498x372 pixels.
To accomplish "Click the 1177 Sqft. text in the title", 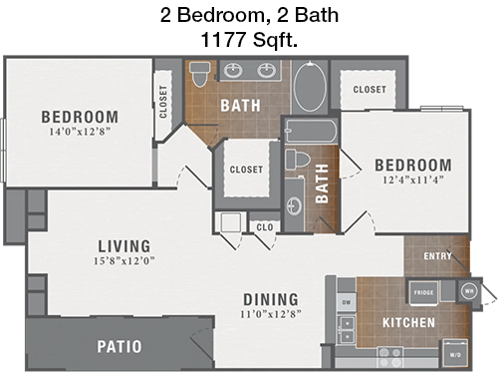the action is pos(249,40).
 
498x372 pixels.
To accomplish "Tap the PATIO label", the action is pos(120,346).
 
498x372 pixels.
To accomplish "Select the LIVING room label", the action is pos(124,246).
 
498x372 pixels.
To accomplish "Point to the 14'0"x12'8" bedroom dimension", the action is pos(80,132).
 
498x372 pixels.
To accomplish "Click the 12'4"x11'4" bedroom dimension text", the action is pos(413,180).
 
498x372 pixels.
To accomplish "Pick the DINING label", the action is pos(271,299).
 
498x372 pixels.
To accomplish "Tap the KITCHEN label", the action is pos(408,322).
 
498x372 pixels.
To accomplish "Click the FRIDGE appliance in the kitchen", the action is pos(424,292).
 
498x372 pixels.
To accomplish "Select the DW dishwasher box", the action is pos(347,302).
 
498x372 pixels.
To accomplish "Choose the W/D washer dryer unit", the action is pos(455,354).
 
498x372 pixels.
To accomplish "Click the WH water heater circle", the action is pos(469,291).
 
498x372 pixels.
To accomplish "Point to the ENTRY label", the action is pos(438,256).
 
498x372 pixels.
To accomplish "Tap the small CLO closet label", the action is pos(265,227).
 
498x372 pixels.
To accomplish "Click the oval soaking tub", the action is pos(310,87).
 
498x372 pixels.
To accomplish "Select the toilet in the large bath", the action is pos(200,74).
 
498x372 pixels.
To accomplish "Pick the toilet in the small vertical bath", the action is pos(296,160).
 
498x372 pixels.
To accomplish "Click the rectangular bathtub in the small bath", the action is pos(312,131).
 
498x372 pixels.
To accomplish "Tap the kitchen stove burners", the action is pos(390,357).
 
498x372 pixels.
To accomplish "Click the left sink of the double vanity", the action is pos(233,70).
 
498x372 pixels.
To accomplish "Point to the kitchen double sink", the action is pos(347,330).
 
